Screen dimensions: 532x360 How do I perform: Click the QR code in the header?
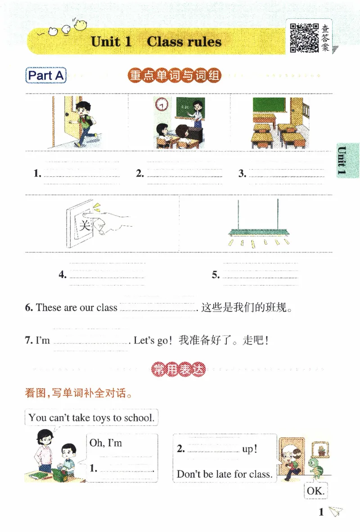pos(304,38)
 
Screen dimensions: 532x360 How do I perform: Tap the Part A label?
pos(46,76)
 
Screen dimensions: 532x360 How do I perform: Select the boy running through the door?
pos(82,122)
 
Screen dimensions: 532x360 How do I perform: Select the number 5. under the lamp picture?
pos(216,275)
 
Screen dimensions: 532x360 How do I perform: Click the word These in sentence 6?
pos(48,308)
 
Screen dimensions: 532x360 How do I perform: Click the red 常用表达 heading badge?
pos(179,370)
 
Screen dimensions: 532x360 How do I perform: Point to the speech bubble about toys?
pos(91,418)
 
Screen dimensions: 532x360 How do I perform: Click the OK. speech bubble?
pos(315,491)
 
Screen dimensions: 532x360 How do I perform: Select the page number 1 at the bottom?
pos(321,512)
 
